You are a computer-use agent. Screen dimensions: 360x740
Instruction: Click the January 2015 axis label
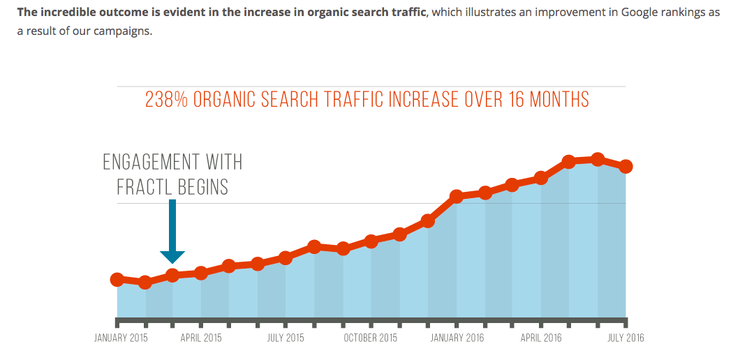[x=121, y=338]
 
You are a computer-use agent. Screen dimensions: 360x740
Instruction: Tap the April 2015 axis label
[x=201, y=338]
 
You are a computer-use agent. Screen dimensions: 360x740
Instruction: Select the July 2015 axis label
[x=285, y=338]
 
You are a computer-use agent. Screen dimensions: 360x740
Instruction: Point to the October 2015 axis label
[x=371, y=338]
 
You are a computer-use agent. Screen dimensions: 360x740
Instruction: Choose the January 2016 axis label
[x=457, y=338]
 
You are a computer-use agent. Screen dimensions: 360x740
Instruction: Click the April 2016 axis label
[x=541, y=338]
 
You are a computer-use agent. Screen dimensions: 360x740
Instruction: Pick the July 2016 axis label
[x=626, y=338]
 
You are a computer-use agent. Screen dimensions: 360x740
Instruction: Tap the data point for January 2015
[x=117, y=279]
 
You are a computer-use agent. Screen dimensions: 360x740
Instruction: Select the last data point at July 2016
[x=626, y=166]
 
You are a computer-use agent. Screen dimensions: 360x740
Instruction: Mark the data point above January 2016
[x=457, y=196]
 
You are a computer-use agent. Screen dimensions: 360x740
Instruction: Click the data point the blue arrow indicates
[x=172, y=275]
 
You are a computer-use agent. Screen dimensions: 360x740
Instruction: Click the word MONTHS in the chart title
[x=559, y=100]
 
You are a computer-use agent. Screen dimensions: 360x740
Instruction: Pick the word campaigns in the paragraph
[x=123, y=31]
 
